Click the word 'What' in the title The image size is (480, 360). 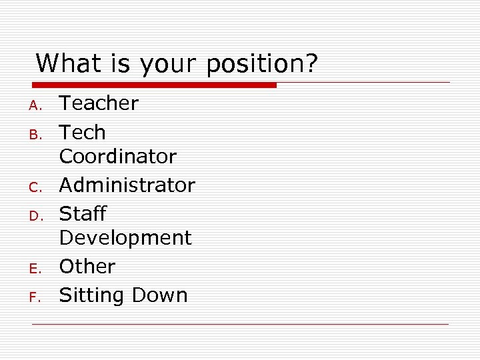64,64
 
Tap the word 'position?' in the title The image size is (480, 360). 263,65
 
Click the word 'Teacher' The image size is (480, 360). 99,103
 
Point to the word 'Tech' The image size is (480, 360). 83,133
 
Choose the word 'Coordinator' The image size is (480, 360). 118,157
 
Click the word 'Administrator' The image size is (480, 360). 127,185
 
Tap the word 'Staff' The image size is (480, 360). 83,214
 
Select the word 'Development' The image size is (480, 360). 125,238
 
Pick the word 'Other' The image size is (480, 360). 87,267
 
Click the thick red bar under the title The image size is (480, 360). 155,85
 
